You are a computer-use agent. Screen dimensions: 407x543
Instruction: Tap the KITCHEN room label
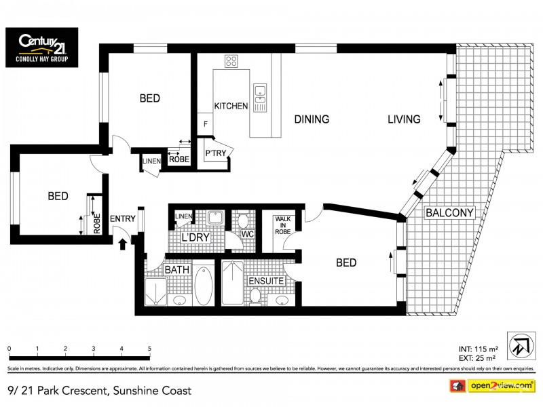(231, 106)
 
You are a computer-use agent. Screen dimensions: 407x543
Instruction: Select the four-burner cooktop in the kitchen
(231, 62)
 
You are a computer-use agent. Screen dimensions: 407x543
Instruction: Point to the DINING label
(312, 119)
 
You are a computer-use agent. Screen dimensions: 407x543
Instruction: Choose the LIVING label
(404, 119)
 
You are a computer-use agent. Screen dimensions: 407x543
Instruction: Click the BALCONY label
(449, 213)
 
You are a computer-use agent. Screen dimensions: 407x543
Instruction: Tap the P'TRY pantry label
(215, 154)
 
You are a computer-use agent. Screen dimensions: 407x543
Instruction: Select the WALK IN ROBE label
(283, 225)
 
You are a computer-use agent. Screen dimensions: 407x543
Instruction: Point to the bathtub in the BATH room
(202, 286)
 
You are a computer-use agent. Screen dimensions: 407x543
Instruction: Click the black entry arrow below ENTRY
(124, 242)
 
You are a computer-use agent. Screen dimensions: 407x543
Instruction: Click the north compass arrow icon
(521, 345)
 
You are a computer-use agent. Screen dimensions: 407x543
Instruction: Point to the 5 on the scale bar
(149, 349)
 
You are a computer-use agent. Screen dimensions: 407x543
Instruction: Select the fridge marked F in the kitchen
(206, 124)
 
